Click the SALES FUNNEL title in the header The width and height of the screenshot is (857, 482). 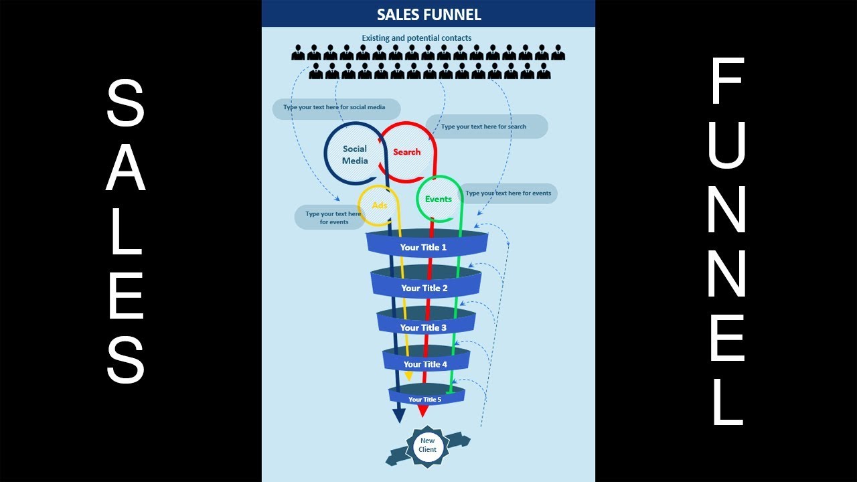click(428, 14)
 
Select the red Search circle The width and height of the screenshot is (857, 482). click(406, 152)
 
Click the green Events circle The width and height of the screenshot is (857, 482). click(439, 199)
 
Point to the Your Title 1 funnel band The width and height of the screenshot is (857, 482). click(423, 247)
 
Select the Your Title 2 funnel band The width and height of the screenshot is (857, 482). click(424, 288)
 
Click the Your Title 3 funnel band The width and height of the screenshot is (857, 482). click(423, 327)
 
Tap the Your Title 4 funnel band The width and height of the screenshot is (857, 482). click(425, 364)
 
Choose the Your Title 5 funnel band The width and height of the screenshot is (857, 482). click(425, 400)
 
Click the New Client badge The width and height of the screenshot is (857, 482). click(427, 445)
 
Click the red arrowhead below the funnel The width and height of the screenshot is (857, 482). click(422, 411)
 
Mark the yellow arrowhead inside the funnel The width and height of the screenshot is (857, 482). click(408, 376)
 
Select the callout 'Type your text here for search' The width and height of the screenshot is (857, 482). click(487, 127)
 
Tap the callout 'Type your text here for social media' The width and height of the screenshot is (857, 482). click(336, 108)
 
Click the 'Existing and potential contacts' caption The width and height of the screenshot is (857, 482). click(416, 38)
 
